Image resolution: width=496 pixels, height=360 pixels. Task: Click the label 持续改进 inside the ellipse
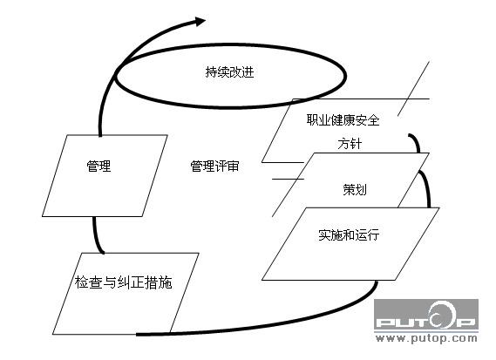pos(229,72)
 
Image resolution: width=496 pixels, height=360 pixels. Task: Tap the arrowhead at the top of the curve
pos(200,22)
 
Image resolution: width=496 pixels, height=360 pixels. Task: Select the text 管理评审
pos(214,166)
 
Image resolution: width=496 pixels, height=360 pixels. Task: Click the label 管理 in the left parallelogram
pos(99,166)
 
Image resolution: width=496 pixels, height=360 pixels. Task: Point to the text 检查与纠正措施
pos(124,282)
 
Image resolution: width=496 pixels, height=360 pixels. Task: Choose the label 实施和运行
pos(349,234)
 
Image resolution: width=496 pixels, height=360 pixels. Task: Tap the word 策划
pos(355,189)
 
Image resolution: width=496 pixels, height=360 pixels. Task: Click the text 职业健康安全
pos(343,120)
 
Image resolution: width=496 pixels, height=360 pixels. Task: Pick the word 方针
pos(350,144)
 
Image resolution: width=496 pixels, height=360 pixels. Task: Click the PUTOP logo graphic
pos(426,315)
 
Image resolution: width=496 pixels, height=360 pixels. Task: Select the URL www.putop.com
pos(426,338)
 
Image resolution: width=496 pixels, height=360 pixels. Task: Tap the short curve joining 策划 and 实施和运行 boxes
pos(425,188)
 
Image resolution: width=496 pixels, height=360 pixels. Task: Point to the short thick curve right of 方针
pos(417,142)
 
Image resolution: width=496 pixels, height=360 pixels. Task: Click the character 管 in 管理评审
pos(196,166)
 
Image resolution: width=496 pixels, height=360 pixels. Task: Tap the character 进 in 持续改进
pos(248,72)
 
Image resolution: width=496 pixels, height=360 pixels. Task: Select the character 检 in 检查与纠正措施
pos(81,282)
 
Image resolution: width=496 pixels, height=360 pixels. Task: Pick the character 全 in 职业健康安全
pos(374,120)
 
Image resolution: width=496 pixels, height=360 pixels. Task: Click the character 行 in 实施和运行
pos(374,234)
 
